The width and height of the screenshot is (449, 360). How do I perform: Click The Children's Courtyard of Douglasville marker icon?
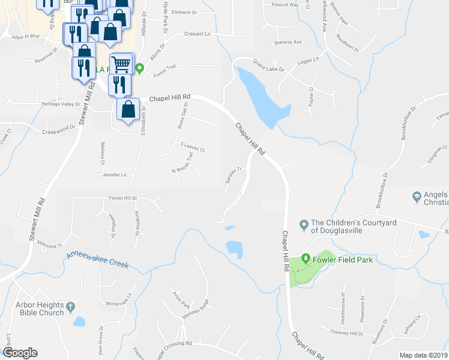(304, 226)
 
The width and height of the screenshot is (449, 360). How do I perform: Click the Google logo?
(20, 353)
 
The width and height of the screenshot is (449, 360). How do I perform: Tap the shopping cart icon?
(121, 62)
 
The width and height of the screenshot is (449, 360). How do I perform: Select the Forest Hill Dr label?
(123, 198)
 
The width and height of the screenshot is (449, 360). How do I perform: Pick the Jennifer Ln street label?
(114, 175)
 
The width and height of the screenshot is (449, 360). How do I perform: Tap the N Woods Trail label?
(182, 163)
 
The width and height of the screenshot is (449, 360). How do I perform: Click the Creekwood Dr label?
(61, 127)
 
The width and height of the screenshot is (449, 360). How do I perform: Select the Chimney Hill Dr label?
(347, 332)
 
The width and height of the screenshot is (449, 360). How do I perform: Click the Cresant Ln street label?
(199, 34)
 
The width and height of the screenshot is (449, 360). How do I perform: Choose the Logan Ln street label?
(307, 61)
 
